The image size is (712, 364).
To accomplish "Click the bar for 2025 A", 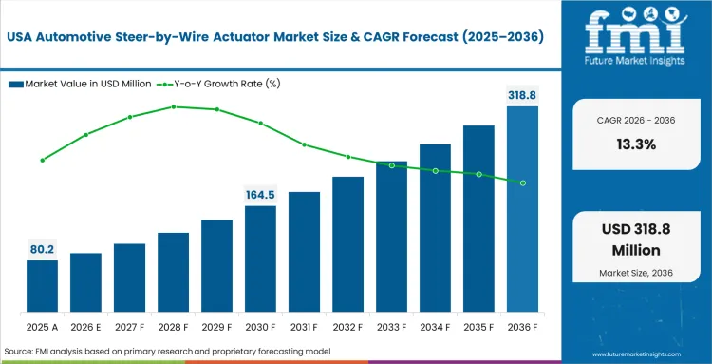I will point(42,286).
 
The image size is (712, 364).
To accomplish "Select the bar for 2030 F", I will point(260,259).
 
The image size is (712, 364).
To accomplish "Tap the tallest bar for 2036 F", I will point(522,209).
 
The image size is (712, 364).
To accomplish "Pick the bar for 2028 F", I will point(173,273).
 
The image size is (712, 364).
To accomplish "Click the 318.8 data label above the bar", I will point(522,95).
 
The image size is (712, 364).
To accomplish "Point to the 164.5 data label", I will point(260,195).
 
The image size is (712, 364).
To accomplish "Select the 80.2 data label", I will point(42,250).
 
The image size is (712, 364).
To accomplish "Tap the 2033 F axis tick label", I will point(391,326).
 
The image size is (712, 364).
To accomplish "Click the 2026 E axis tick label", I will point(85,326).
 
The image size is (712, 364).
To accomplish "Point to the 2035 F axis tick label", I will point(478,326).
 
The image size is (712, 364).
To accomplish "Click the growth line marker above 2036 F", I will point(522,182).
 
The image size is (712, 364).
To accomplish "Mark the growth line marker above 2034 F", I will point(435,171).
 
